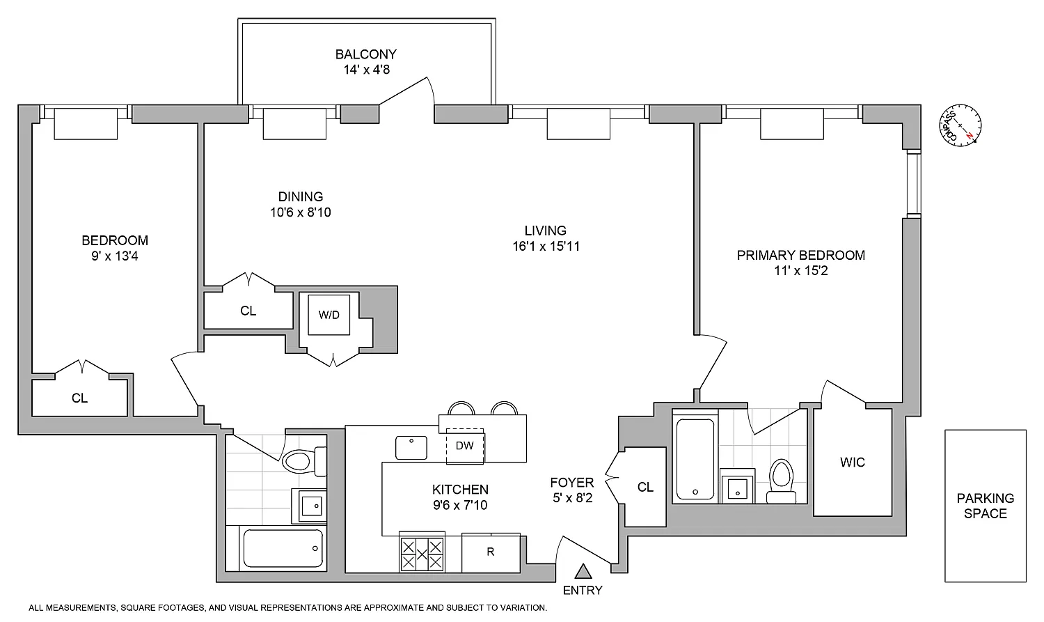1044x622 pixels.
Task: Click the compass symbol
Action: click(960, 125)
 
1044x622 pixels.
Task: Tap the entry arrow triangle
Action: click(583, 571)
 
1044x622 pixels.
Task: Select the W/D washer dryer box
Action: click(329, 315)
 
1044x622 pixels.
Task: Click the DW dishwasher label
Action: click(465, 446)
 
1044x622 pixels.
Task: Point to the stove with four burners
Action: click(422, 553)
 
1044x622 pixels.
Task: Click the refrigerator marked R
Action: click(491, 552)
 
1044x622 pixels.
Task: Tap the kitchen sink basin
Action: click(411, 448)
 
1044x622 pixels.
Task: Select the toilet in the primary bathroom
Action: click(781, 481)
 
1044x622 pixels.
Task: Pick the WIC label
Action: click(853, 462)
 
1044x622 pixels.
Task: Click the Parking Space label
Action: click(986, 506)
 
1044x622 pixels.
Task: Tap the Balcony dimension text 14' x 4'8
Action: click(367, 70)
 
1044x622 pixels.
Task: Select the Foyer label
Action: click(572, 482)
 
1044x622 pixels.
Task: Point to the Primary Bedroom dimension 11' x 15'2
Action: click(801, 271)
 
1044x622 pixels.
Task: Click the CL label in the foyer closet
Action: click(645, 488)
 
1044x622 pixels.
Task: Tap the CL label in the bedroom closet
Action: click(80, 398)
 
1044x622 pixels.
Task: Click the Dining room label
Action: click(301, 196)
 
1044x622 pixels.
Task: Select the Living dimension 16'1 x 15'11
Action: click(546, 246)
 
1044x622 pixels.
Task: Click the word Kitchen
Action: click(461, 490)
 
